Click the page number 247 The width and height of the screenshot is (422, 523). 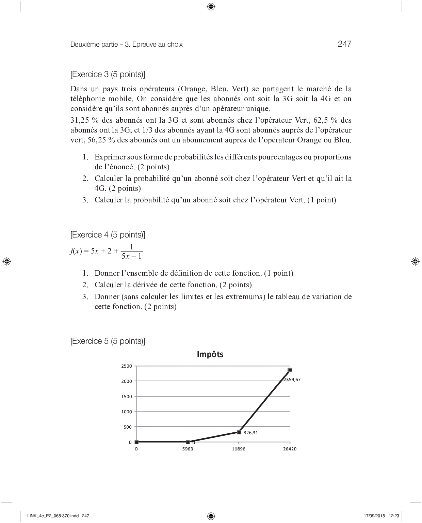pos(344,44)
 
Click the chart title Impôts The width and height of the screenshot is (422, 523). pos(210,354)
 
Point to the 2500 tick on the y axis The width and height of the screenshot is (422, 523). pos(126,366)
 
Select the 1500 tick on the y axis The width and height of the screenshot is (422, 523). pos(126,397)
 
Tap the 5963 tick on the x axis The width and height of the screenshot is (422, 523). pos(187,449)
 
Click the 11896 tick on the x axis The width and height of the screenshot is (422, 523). pos(238,449)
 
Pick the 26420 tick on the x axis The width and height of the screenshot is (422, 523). pos(289,449)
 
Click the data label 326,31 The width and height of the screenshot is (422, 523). pos(250,432)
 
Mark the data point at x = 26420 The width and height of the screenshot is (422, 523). pos(290,370)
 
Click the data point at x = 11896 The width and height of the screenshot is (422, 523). pos(239,432)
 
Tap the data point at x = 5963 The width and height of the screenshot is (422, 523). pos(188,442)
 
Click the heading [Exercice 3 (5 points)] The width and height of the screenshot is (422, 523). pos(108,74)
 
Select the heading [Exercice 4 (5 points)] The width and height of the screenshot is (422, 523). pos(108,235)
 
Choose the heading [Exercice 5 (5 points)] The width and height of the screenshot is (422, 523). pos(108,341)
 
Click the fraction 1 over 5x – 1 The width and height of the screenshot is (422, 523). pos(132,251)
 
